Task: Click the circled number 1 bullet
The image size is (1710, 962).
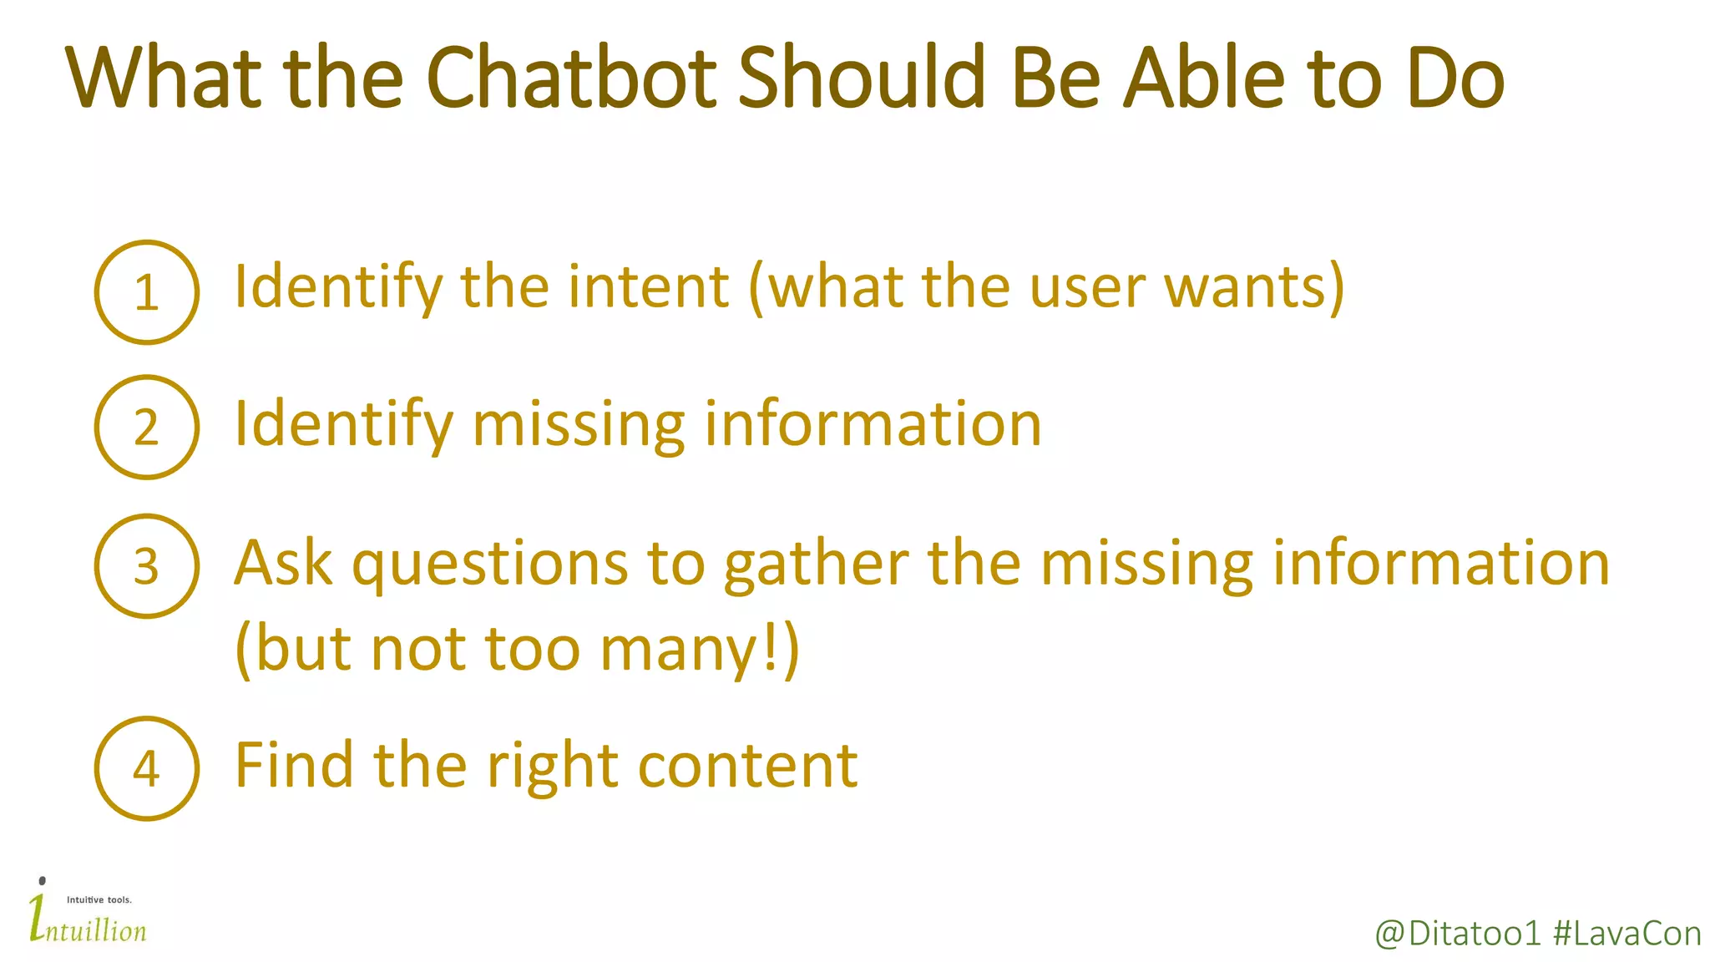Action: [147, 292]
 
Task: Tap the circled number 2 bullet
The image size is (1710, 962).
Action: [147, 427]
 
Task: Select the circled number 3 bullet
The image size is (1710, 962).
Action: [147, 566]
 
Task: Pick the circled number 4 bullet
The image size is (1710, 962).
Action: [147, 768]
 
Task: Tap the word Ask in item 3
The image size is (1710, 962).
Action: [283, 563]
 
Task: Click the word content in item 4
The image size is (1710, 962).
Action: [747, 767]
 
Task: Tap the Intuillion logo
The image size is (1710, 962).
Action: [87, 914]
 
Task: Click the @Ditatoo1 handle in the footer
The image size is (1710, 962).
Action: [1457, 934]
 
